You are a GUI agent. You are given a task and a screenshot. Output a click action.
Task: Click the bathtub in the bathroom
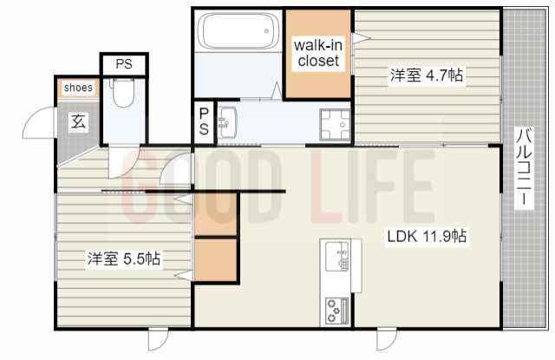[238, 31]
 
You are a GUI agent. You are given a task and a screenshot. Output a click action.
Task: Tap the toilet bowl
[123, 93]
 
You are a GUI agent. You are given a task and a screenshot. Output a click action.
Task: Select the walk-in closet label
[318, 53]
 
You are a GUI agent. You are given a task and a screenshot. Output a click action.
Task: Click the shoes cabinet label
[78, 88]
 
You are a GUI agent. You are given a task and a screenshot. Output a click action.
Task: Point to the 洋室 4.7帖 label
[427, 75]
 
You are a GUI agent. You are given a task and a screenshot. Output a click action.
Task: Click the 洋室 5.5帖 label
[124, 259]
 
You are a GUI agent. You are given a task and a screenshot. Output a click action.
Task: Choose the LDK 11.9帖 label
[427, 236]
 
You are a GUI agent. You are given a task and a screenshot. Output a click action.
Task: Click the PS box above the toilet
[124, 64]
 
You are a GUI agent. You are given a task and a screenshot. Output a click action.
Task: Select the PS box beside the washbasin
[204, 122]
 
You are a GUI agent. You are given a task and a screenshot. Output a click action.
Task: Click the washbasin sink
[227, 122]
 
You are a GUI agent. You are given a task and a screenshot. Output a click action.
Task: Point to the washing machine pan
[335, 125]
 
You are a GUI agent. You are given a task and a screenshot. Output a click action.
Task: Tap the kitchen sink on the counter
[337, 256]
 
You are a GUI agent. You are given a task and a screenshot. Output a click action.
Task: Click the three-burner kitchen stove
[337, 311]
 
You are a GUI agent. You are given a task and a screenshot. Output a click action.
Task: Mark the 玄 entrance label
[78, 121]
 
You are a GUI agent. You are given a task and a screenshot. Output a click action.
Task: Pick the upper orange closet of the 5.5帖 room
[216, 214]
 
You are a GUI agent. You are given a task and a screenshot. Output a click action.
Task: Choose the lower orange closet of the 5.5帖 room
[216, 260]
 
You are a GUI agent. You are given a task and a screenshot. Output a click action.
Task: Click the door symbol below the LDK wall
[387, 339]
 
